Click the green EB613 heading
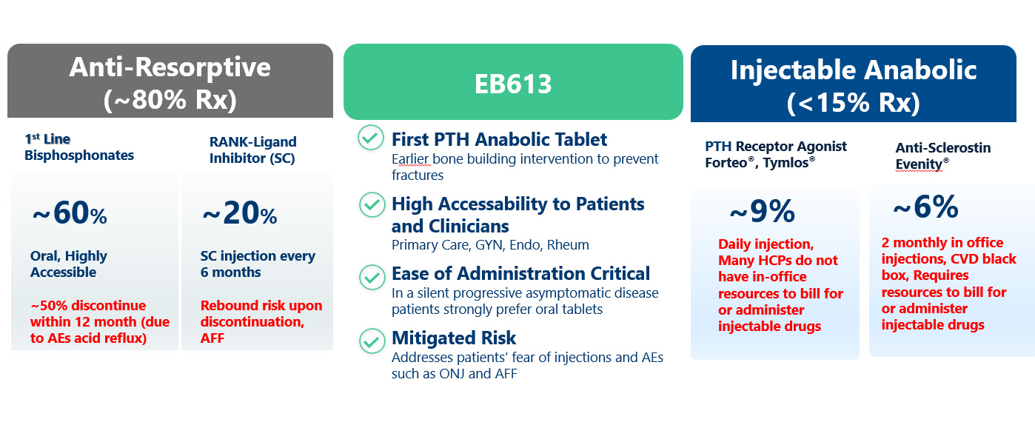513,84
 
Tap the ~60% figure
70,213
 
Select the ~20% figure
239,213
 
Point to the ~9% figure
762,211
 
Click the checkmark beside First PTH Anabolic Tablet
371,138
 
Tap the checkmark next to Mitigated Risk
372,341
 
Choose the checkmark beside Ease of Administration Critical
372,277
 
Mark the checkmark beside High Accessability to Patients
372,204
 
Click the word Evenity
919,164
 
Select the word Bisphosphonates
79,155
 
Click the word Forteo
726,163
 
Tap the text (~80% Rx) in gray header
170,99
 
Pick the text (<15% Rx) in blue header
853,102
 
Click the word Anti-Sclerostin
943,148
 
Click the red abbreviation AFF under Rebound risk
212,338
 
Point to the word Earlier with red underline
410,159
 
